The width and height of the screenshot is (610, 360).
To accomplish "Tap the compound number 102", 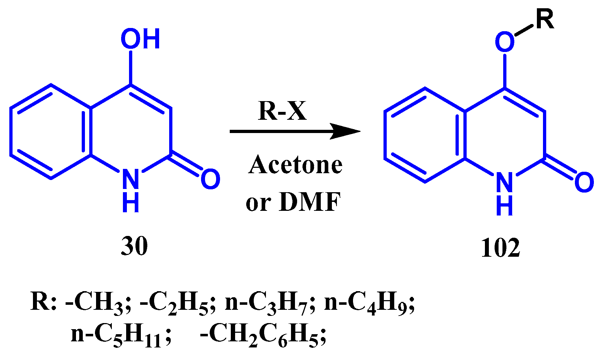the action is [x=500, y=248].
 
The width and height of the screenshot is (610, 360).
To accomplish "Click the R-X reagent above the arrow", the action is [x=282, y=111].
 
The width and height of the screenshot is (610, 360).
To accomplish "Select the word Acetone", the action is [x=295, y=165].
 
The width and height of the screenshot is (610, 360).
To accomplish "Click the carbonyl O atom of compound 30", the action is [x=210, y=179].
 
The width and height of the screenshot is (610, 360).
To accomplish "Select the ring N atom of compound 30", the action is [x=130, y=179].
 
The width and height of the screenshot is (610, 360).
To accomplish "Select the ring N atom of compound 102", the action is [x=504, y=182].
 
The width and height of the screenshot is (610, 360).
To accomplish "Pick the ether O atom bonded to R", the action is [x=505, y=42].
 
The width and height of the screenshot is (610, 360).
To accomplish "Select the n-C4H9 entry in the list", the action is [x=369, y=303].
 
